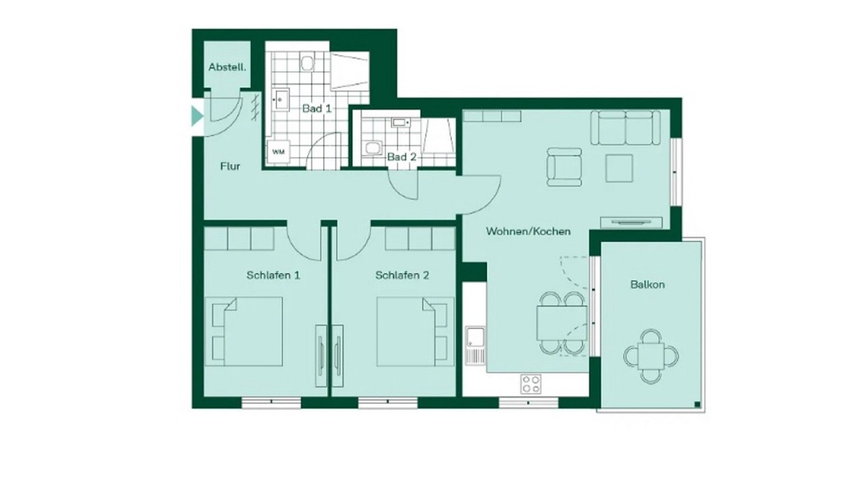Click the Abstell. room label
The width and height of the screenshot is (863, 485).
[x=227, y=67]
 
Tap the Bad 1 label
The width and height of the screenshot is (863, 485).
[x=317, y=108]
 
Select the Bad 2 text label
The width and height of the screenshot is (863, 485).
[x=402, y=157]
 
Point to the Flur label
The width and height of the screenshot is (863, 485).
[x=230, y=166]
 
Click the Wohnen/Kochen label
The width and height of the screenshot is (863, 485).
[x=528, y=231]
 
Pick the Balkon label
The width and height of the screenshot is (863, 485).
[x=647, y=285]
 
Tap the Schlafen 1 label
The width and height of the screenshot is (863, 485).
[x=273, y=276]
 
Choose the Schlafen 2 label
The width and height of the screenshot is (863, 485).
[x=403, y=276]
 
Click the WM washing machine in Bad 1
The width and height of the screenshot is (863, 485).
[x=278, y=152]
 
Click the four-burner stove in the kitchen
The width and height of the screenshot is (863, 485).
[x=531, y=384]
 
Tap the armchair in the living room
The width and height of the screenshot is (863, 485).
[x=564, y=167]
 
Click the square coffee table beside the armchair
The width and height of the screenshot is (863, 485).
[x=619, y=168]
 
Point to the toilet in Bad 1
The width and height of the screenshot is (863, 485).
[x=307, y=63]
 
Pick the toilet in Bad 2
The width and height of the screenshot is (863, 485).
[x=372, y=148]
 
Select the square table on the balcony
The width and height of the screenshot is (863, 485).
[x=651, y=356]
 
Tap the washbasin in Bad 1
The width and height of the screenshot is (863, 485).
[x=281, y=99]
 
